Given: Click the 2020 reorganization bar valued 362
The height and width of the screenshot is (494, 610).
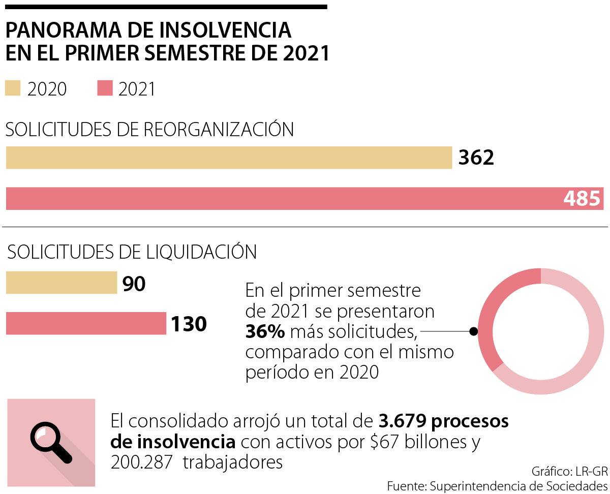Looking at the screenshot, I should point(229,158).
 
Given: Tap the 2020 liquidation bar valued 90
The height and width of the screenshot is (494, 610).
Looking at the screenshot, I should point(62,283).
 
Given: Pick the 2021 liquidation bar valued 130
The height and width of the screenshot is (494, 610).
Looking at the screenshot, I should point(86,323).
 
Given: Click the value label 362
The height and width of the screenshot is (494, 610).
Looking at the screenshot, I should point(476,158).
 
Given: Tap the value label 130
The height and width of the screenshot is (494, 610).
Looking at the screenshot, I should point(189,324).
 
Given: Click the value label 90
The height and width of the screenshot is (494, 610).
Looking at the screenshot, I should point(134,284).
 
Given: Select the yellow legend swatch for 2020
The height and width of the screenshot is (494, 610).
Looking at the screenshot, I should point(13,88).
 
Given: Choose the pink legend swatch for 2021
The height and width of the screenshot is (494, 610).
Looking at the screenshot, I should point(105,88).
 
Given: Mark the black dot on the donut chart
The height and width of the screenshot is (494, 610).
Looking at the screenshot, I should point(473,331).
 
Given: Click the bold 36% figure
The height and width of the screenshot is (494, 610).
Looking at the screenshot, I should point(265,332).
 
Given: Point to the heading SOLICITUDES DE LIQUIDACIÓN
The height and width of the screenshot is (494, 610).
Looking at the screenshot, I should point(133,252).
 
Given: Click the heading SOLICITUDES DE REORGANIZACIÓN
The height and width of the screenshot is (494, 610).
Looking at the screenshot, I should point(149,130).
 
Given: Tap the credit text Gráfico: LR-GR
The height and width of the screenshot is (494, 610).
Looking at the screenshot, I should point(569,470).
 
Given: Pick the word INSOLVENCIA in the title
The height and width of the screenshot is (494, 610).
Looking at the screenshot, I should point(226,30).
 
